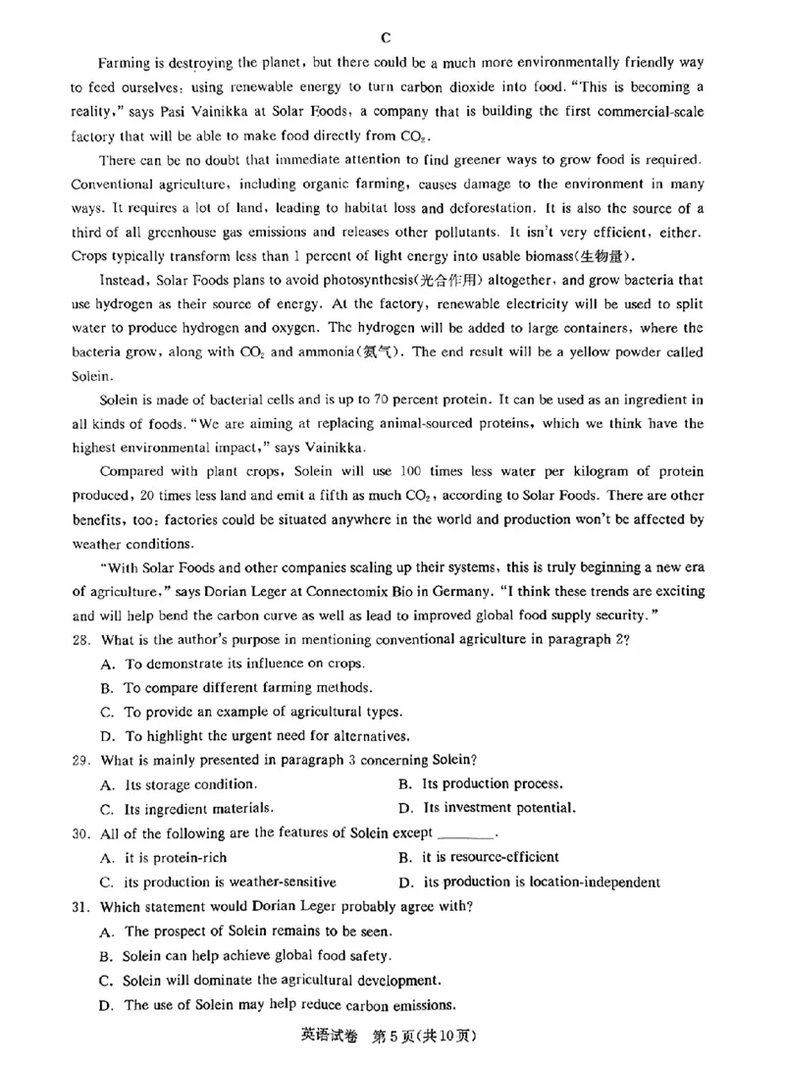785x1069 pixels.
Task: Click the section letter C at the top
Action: pos(386,37)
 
